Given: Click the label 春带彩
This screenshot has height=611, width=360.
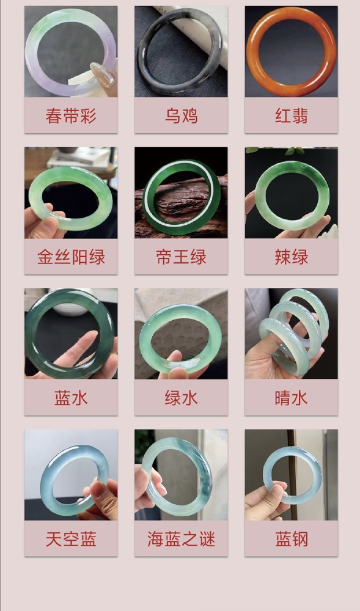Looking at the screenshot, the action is point(71,115).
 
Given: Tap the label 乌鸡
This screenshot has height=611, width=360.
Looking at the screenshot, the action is point(181,115).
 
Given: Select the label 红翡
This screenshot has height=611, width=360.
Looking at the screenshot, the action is point(292,115).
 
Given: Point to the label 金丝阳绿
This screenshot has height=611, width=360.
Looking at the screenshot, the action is point(71,257).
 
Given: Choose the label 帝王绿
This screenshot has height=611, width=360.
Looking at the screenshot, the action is point(181,257).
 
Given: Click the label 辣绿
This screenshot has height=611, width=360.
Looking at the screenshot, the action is point(292,257).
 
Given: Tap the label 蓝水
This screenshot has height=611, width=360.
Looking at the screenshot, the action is point(71,398).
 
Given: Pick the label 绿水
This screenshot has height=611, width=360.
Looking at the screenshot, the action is point(181,398).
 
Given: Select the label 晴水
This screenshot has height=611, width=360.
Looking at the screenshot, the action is point(292,398).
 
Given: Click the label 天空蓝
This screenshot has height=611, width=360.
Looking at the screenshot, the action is point(71,540).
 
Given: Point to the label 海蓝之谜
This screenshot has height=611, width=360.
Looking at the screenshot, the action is point(181,540).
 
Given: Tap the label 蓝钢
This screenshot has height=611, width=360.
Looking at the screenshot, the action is point(292,540).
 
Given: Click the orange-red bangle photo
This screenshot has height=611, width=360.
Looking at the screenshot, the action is point(292,51).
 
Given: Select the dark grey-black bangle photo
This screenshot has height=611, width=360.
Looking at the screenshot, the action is point(181,51).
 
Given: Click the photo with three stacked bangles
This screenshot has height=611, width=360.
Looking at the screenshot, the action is point(292,334).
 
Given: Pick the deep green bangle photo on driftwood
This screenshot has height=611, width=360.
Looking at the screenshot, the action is point(181,192).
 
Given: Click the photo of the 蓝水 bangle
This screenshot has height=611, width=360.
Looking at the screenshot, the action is point(71,334).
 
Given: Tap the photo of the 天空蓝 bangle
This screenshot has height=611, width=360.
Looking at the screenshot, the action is point(71,475).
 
